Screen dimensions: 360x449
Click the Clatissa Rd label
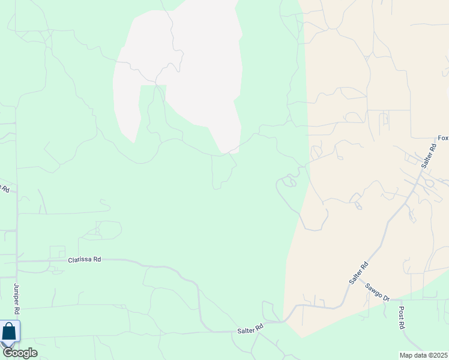pyautogui.click(x=85, y=259)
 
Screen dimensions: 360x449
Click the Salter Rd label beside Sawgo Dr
pyautogui.click(x=359, y=274)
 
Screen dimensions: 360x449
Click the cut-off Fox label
pyautogui.click(x=443, y=138)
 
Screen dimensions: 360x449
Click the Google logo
pyautogui.click(x=19, y=353)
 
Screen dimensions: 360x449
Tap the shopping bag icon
pyautogui.click(x=10, y=332)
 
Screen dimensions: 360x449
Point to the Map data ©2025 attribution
pyautogui.click(x=423, y=355)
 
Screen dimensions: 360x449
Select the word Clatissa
pyautogui.click(x=80, y=259)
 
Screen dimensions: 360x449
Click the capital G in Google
pyautogui.click(x=8, y=353)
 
